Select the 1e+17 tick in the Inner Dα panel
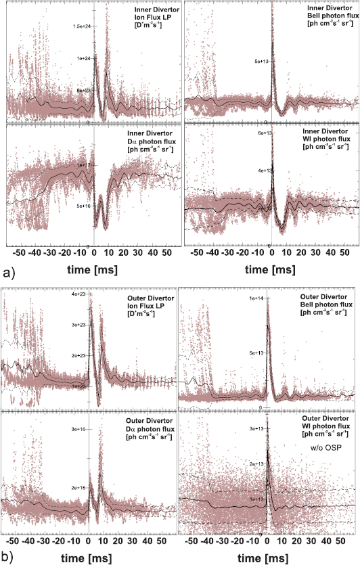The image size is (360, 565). point(83,164)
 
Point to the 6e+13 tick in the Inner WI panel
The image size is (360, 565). point(261,135)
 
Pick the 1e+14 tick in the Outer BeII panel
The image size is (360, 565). point(257,298)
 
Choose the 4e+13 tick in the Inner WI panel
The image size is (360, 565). point(261,171)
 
